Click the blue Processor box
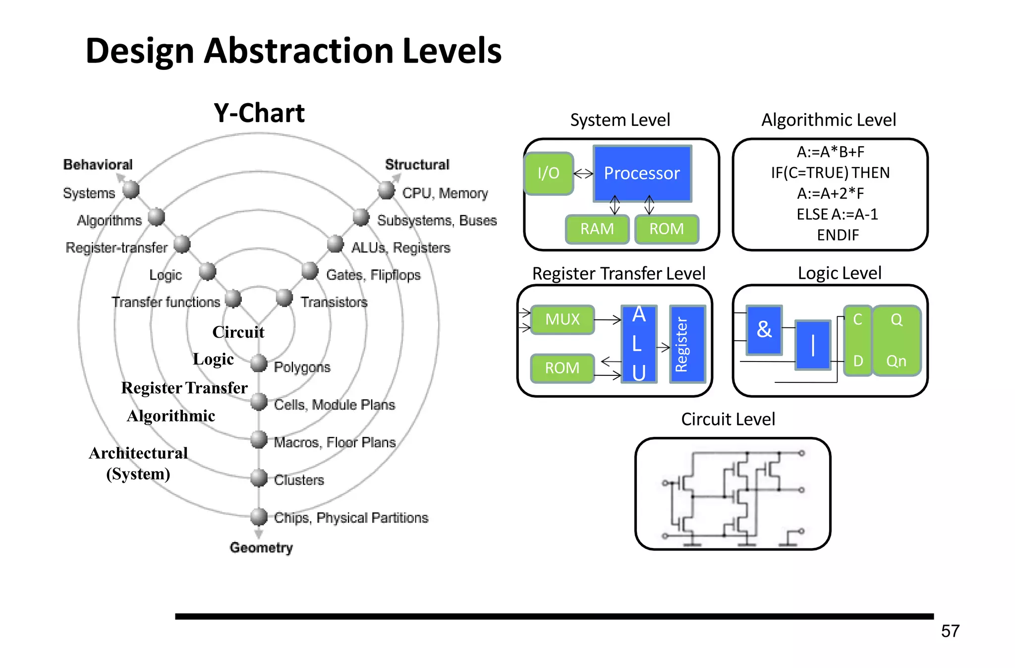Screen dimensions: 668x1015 pyautogui.click(x=642, y=173)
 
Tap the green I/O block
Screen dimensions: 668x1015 pyautogui.click(x=549, y=173)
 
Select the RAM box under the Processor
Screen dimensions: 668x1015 pyautogui.click(x=597, y=229)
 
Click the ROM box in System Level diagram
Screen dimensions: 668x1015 pyautogui.click(x=667, y=229)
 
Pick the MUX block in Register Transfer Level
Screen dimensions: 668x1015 pyautogui.click(x=563, y=319)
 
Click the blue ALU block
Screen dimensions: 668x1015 pyautogui.click(x=639, y=344)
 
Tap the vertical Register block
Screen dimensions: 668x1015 pyautogui.click(x=687, y=344)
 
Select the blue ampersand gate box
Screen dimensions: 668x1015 pyautogui.click(x=764, y=330)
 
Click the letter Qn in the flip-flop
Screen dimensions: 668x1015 pyautogui.click(x=896, y=361)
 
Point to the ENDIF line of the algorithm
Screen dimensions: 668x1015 pyautogui.click(x=838, y=235)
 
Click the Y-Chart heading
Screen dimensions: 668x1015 pyautogui.click(x=259, y=113)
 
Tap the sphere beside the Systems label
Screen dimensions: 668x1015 pyautogui.click(x=131, y=189)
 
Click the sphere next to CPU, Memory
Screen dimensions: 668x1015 pyautogui.click(x=386, y=189)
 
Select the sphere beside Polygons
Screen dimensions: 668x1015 pyautogui.click(x=259, y=363)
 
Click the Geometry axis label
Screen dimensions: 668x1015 pyautogui.click(x=261, y=547)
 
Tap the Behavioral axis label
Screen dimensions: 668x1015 pyautogui.click(x=98, y=165)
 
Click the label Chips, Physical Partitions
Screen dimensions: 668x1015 pyautogui.click(x=351, y=518)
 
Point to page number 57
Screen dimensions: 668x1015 pyautogui.click(x=950, y=631)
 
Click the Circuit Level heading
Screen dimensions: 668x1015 pyautogui.click(x=728, y=420)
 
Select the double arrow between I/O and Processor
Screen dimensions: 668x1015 pyautogui.click(x=583, y=174)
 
